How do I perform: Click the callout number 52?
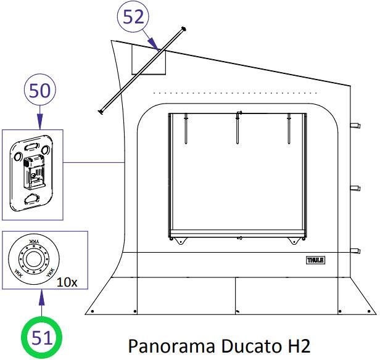point(133,17)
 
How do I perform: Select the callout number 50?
point(39,91)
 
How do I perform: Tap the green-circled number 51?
point(42,338)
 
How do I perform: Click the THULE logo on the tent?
point(315,260)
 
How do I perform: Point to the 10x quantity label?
point(67,282)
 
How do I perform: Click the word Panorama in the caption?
point(171,346)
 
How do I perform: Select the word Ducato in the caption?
point(252,346)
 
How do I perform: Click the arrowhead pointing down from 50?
point(40,121)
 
